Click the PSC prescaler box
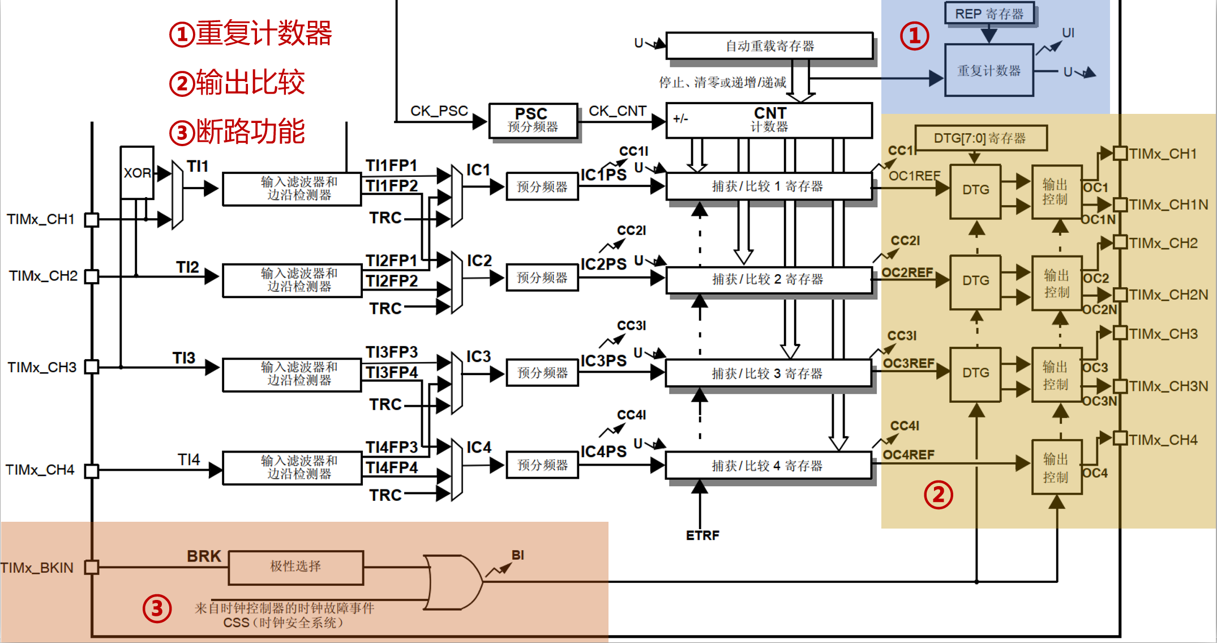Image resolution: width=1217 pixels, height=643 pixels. (x=533, y=120)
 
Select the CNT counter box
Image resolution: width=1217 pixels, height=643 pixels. (x=769, y=120)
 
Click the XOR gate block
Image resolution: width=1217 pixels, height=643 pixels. (x=137, y=172)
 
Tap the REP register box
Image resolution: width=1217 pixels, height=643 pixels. (x=989, y=14)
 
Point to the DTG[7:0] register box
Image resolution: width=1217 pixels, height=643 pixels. (x=980, y=138)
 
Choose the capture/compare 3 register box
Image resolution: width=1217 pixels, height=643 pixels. (x=768, y=373)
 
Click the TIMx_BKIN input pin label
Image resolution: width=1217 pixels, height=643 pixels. (x=37, y=568)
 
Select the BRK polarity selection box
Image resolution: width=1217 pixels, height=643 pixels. (x=295, y=567)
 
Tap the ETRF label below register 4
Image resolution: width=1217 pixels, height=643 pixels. (x=702, y=535)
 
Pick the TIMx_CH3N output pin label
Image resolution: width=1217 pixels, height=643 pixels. (x=1168, y=386)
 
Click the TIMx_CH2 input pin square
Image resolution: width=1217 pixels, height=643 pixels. (x=92, y=276)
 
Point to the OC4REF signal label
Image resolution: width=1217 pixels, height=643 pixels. (x=909, y=455)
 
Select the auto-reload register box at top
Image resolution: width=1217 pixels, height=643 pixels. (x=769, y=46)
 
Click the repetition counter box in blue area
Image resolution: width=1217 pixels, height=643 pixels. (x=989, y=71)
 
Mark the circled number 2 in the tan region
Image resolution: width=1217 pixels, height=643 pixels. (x=938, y=495)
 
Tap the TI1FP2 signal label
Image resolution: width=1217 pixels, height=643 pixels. (x=392, y=186)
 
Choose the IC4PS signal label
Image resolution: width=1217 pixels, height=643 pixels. (x=603, y=452)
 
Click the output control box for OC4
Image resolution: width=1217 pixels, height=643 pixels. (x=1056, y=467)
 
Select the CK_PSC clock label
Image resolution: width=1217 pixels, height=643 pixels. (x=439, y=111)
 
